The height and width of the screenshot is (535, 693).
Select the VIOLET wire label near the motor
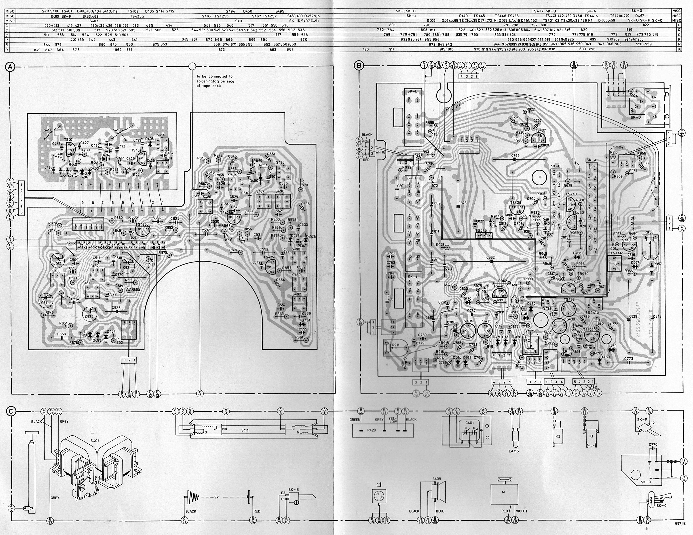coord(522,511)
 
